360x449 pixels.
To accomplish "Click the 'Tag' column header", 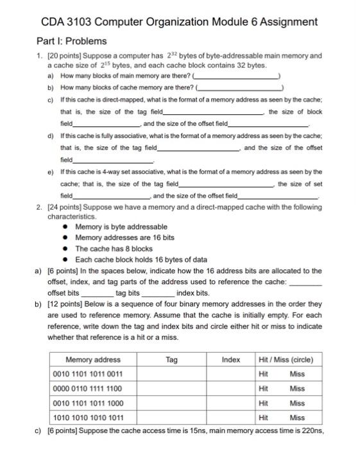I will pyautogui.click(x=171, y=360).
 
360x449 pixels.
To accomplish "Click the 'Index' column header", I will pyautogui.click(x=230, y=360).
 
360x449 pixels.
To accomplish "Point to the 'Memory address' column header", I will pyautogui.click(x=93, y=360).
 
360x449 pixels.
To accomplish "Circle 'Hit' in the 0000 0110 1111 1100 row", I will pyautogui.click(x=263, y=389).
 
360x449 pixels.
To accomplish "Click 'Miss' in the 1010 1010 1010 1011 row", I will pyautogui.click(x=297, y=418).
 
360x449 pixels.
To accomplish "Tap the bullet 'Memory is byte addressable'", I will pyautogui.click(x=112, y=227).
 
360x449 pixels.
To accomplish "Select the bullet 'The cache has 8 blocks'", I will pyautogui.click(x=105, y=249).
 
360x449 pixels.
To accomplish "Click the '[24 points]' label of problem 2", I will pyautogui.click(x=66, y=208).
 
